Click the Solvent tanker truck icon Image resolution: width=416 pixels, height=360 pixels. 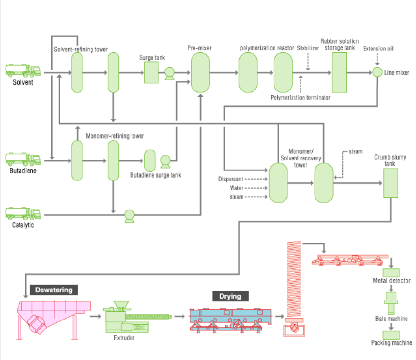23,70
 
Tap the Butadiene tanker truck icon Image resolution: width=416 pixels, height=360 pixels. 23,159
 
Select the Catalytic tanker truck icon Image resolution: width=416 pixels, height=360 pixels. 23,213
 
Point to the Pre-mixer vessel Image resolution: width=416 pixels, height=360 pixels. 200,72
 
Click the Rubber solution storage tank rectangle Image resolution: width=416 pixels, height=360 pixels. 339,72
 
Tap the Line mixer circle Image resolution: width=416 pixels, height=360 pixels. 377,72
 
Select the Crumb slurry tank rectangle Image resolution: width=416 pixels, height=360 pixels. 391,183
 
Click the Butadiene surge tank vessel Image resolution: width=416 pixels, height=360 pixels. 150,160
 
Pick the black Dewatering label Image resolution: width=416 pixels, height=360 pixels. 54,290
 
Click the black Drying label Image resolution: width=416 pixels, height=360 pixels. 230,296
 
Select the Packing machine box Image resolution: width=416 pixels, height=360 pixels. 391,334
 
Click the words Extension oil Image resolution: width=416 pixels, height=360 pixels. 378,49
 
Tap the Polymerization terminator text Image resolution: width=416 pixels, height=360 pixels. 300,98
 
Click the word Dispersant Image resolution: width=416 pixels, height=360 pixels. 231,179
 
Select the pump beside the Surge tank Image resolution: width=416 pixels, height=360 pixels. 169,73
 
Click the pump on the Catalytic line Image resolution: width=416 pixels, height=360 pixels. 129,216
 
